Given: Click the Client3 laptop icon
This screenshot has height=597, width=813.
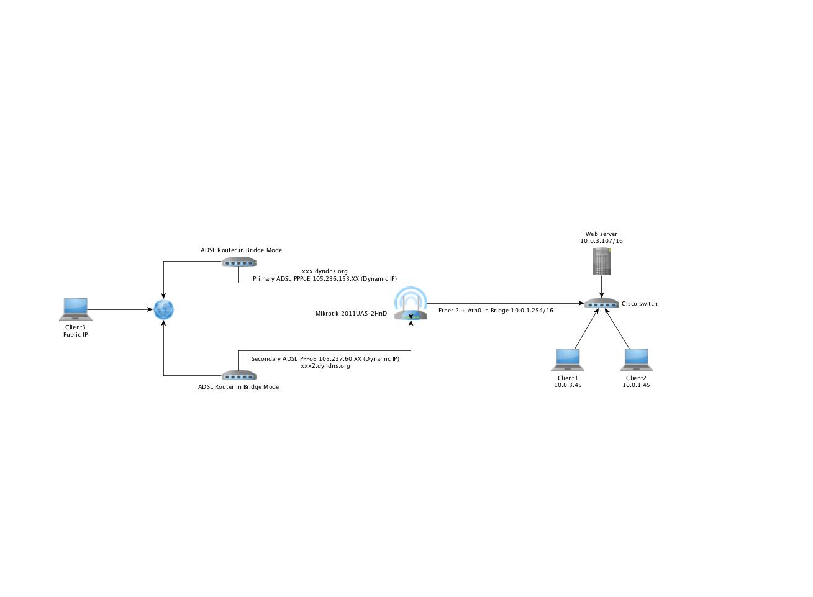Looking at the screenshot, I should click(x=76, y=309).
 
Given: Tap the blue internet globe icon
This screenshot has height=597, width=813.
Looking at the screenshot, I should click(x=164, y=309).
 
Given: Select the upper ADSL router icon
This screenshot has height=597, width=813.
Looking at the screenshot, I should click(x=239, y=262).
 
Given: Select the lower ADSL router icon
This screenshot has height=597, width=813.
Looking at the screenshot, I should click(x=239, y=375).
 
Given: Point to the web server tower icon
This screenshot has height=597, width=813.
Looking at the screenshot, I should click(x=602, y=261).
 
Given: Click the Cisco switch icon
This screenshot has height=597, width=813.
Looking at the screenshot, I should click(x=601, y=303).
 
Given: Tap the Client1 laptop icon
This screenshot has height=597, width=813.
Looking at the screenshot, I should click(x=568, y=360).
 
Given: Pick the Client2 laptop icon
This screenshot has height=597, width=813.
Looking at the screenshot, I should click(x=637, y=360).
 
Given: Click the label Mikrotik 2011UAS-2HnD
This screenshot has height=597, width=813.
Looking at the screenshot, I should click(x=351, y=314).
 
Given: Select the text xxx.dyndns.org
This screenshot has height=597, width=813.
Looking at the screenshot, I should click(x=325, y=271).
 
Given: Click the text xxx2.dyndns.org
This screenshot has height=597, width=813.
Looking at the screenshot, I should click(x=325, y=366).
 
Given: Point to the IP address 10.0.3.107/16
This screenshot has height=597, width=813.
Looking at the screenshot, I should click(x=601, y=241).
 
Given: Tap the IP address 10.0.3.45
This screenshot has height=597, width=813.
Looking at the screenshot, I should click(x=568, y=385).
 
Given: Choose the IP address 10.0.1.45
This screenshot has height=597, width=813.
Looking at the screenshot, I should click(x=636, y=385).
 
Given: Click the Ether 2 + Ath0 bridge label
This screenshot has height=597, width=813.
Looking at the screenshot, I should click(x=496, y=311).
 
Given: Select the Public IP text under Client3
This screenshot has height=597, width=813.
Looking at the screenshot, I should click(x=76, y=335).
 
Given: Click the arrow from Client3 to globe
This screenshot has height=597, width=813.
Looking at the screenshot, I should click(x=121, y=309).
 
